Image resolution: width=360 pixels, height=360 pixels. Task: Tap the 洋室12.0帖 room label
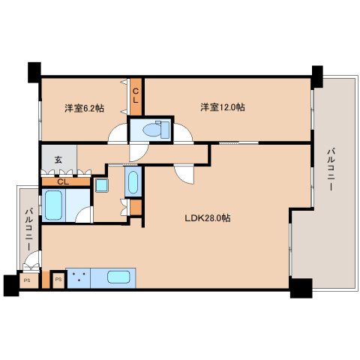[222, 107]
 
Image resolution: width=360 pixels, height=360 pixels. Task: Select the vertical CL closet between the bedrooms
[136, 95]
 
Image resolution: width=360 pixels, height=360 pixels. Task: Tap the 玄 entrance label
[58, 160]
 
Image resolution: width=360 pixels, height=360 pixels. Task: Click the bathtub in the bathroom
[53, 203]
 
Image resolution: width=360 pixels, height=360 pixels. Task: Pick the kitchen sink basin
[119, 277]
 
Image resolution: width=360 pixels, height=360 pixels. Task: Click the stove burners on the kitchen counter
[79, 277]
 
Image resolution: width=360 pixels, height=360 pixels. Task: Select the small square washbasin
[100, 184]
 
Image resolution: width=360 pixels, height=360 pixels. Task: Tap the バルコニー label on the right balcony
[330, 172]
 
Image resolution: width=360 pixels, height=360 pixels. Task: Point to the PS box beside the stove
[57, 280]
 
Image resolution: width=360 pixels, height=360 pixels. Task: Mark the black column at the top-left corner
[34, 72]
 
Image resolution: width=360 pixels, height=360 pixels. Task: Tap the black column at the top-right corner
[315, 73]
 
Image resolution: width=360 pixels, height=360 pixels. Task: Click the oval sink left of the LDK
[133, 182]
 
